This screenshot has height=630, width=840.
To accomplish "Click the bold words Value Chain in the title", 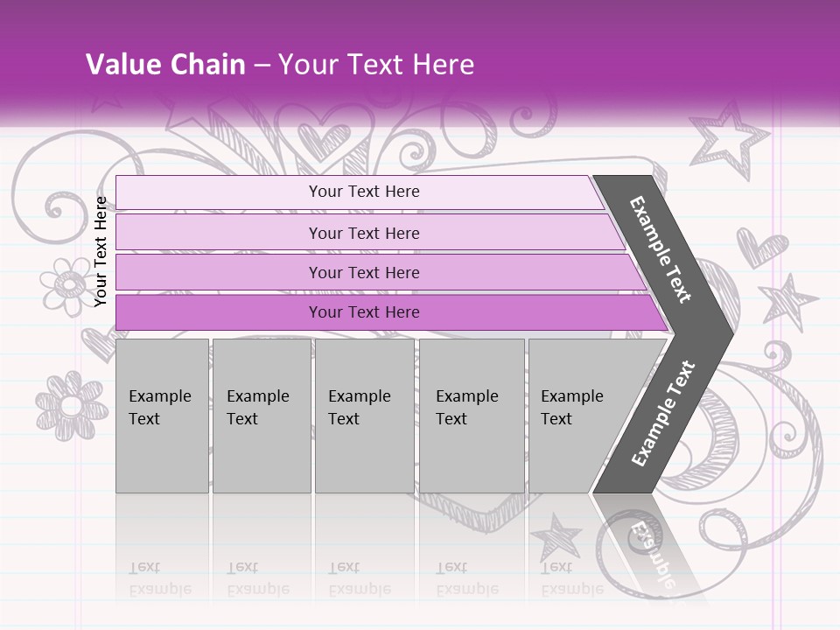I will [165, 65].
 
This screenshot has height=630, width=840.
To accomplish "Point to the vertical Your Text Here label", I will [101, 251].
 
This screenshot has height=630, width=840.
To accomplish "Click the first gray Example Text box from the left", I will [162, 416].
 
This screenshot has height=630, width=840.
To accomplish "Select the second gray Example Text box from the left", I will [261, 416].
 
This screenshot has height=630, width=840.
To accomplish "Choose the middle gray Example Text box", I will [364, 416].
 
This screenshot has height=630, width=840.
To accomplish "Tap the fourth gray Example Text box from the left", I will [472, 416].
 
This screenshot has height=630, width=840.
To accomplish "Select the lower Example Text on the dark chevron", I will [663, 413].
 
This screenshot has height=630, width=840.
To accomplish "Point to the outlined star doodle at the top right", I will [727, 140].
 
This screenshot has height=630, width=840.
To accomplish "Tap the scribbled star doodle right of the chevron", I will [789, 302].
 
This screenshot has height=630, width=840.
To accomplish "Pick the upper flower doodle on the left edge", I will [65, 284].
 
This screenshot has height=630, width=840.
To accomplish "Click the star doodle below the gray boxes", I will [556, 535].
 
